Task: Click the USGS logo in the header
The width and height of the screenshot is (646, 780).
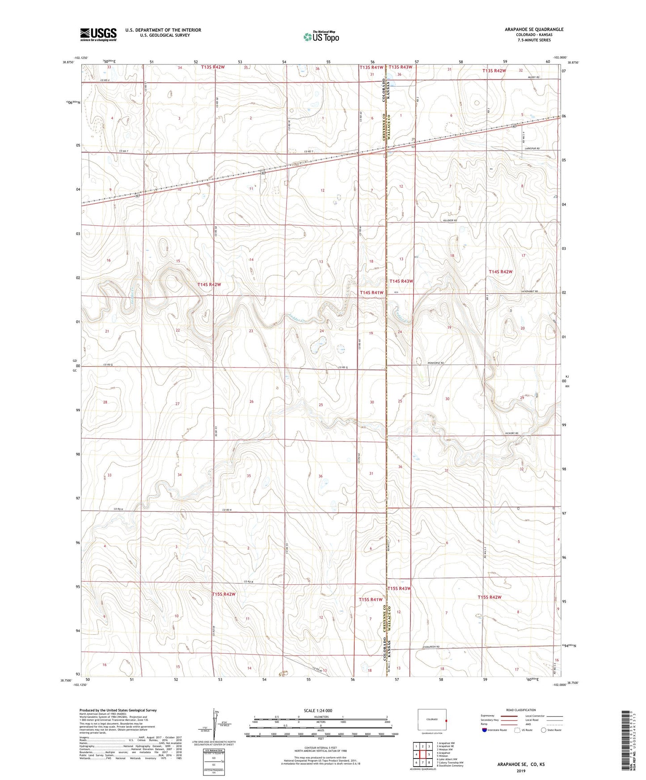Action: [98, 34]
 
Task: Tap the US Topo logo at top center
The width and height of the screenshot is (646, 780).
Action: [321, 37]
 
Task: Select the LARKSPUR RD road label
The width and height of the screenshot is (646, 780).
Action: [531, 148]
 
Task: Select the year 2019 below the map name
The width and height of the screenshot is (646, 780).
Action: [521, 771]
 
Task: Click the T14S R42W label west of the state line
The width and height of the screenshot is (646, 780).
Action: [209, 285]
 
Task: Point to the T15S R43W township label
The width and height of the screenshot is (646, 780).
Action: [399, 588]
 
